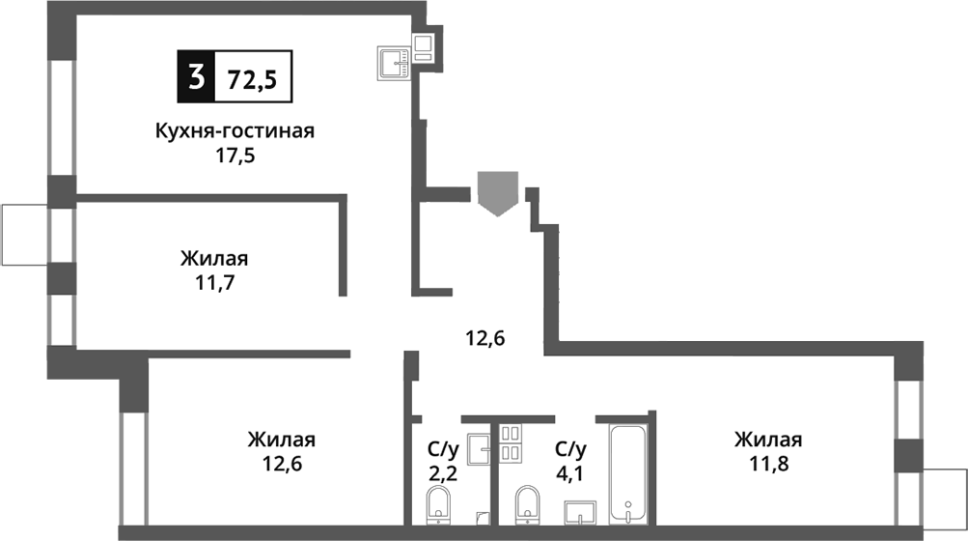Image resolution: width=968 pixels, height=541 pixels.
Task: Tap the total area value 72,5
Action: click(252, 78)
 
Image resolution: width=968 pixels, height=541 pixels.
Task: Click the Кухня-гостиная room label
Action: click(235, 131)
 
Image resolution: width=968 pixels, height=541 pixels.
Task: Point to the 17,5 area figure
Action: click(235, 155)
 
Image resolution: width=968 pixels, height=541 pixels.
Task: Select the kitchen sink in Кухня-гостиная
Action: click(394, 63)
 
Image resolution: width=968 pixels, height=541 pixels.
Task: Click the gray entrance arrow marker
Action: click(498, 191)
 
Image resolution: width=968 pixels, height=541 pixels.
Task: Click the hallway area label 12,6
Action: click(486, 338)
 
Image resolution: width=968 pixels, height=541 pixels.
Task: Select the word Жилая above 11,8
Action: click(768, 440)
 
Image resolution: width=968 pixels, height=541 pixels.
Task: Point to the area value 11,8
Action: click(768, 464)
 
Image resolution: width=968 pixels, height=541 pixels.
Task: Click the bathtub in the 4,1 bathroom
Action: click(628, 473)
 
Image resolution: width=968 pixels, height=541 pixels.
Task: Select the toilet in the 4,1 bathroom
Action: click(527, 503)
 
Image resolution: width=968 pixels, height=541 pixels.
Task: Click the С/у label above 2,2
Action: click(442, 448)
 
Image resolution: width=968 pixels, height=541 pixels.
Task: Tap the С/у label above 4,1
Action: click(570, 448)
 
